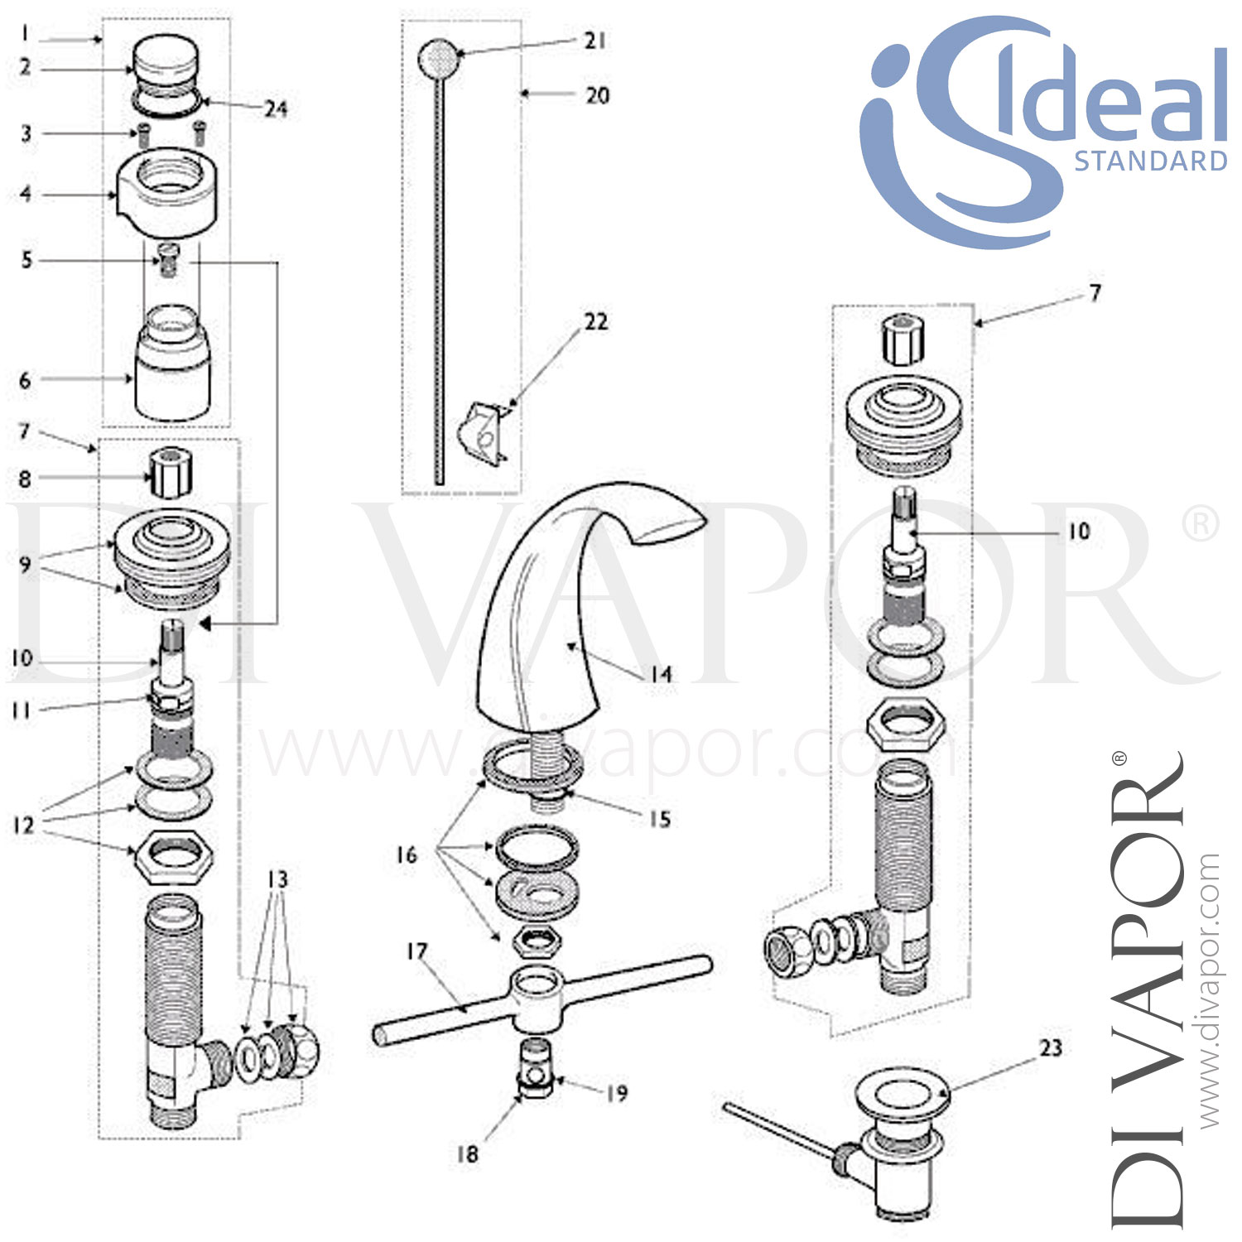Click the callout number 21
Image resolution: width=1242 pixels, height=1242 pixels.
tap(595, 41)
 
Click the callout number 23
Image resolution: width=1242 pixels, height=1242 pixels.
tap(1051, 1048)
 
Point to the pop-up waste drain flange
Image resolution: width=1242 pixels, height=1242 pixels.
tap(903, 1097)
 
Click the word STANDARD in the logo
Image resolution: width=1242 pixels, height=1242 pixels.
tap(1150, 161)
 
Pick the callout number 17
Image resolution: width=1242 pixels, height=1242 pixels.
tap(416, 951)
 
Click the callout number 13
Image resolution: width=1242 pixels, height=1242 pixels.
tap(277, 879)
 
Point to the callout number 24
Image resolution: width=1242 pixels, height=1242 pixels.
tap(276, 108)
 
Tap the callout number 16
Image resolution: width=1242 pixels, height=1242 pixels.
tap(406, 854)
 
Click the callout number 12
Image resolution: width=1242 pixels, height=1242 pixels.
tap(23, 825)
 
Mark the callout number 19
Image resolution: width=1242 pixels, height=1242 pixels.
tap(617, 1093)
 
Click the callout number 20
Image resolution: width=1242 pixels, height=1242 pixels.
tap(597, 95)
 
